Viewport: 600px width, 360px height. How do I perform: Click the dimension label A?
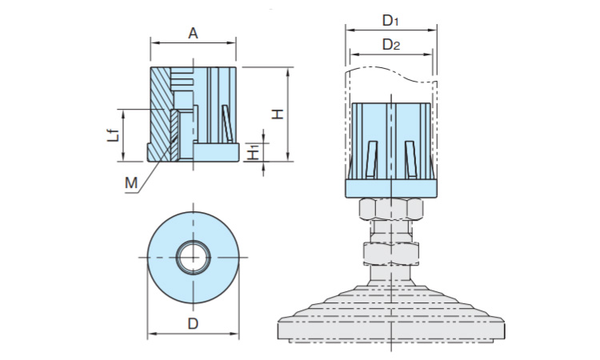193,33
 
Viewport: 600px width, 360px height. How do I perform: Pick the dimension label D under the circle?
192,323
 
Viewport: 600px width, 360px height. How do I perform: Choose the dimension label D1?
390,18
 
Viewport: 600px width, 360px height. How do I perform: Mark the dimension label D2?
390,45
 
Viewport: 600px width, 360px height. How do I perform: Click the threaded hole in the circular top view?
193,257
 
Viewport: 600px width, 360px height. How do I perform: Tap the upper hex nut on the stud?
391,210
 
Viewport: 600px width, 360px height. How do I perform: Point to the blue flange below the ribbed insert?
391,189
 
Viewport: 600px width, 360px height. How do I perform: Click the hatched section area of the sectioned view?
162,112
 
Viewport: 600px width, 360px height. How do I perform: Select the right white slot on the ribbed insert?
410,159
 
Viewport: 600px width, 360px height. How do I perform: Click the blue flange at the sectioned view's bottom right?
216,152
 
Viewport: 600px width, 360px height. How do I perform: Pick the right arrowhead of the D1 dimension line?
433,28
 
